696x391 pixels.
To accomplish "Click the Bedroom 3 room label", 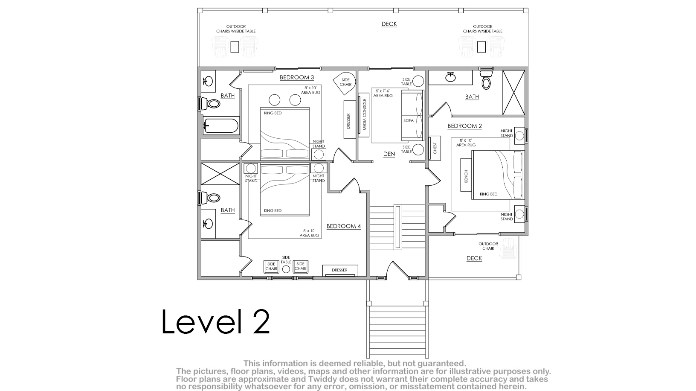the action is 297,77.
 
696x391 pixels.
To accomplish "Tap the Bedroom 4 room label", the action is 344,226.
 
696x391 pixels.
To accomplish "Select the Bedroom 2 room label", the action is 464,126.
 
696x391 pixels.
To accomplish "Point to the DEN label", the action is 389,154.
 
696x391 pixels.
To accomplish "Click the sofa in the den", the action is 412,115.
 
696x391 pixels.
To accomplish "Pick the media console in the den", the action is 363,115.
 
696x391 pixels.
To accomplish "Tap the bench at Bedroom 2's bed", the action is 466,175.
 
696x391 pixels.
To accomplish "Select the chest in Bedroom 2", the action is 435,148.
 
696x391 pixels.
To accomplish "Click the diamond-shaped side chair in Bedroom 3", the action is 344,84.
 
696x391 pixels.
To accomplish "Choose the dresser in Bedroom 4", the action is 340,270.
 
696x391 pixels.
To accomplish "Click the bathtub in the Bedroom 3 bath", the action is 221,126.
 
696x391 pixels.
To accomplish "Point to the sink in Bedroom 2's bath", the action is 450,77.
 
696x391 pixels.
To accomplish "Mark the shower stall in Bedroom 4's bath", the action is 220,174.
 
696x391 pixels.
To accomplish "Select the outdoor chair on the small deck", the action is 509,248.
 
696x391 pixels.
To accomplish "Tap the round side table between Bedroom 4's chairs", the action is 286,269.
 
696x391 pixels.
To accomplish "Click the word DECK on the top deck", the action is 389,24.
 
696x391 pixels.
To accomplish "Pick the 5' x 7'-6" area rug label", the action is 383,93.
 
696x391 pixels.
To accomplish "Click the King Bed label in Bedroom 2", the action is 488,194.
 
